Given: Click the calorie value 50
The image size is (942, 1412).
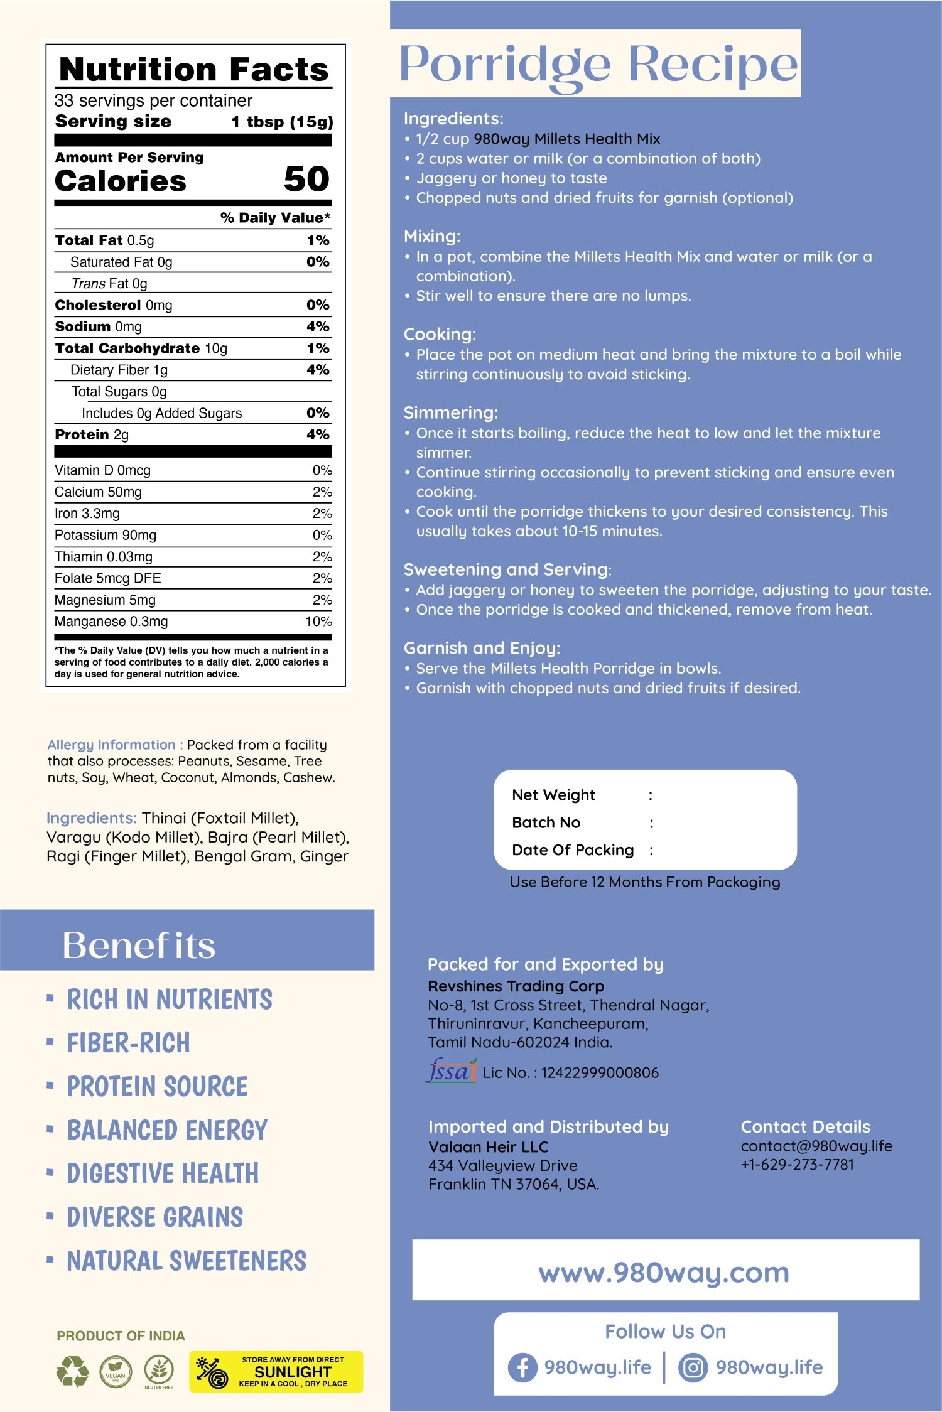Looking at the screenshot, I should coord(306,179).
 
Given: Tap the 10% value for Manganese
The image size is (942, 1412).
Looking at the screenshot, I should coord(318,622).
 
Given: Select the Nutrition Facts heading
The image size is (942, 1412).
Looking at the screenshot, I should coord(193,69).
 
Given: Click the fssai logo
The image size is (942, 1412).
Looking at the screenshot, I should coord(451,1071).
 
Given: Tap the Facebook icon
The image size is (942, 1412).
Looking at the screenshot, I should coord(522,1367).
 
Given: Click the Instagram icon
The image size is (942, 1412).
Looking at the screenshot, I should coord(693,1367).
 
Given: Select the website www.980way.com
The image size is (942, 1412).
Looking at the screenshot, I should coord(664,1273).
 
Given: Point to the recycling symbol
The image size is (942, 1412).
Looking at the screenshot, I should coord(73,1371).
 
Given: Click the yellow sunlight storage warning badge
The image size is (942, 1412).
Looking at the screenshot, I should coord(276,1372).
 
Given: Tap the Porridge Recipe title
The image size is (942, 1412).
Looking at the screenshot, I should coord(598,64).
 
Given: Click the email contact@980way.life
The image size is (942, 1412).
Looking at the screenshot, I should coord(816,1146).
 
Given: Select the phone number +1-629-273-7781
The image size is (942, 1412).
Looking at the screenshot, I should coord(798,1165).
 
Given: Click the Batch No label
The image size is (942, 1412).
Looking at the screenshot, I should coord(546,822).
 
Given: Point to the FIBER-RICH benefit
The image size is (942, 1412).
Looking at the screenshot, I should coord(129,1043).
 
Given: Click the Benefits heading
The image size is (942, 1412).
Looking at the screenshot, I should coord(139,946).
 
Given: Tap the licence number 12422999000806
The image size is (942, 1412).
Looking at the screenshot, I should coord(600,1072).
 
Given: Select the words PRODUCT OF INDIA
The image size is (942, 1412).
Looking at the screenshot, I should coord(121,1336).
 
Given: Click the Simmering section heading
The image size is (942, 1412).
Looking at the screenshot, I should coord(450,412).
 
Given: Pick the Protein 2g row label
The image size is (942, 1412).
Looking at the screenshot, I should coord(92,434).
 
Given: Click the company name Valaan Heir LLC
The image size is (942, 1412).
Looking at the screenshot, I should coord(488,1147).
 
